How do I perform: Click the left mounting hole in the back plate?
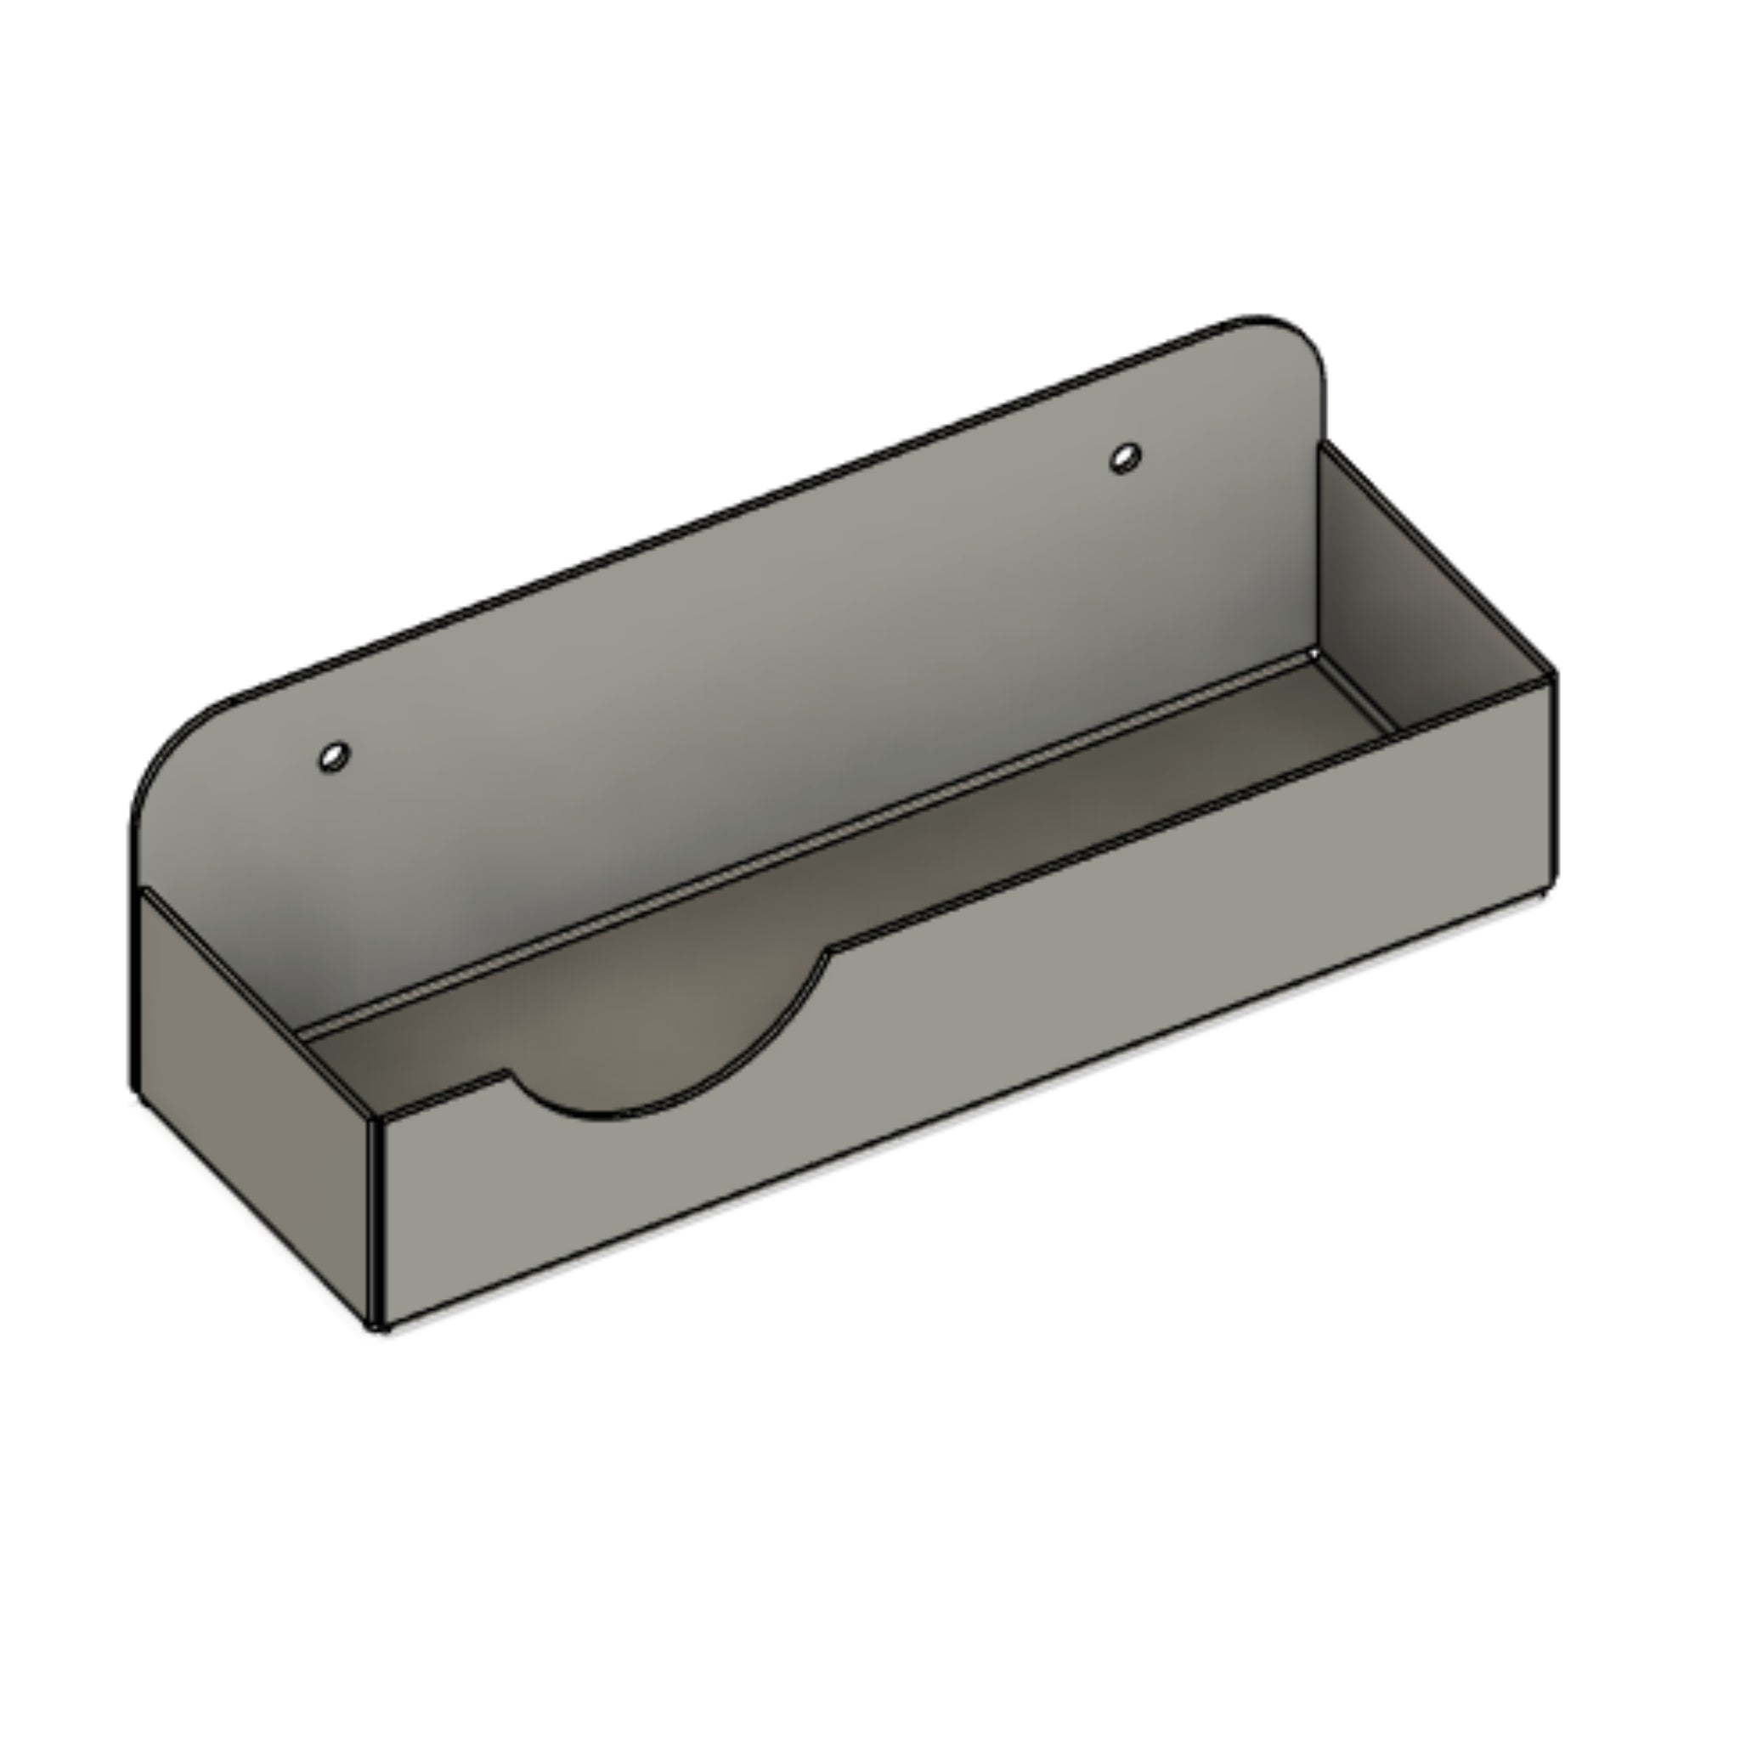click(x=334, y=756)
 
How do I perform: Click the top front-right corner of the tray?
click(x=1553, y=675)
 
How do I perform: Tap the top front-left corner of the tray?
click(x=376, y=1120)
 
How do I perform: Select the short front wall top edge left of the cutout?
click(x=441, y=1094)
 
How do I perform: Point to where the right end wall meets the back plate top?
click(x=1322, y=443)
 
